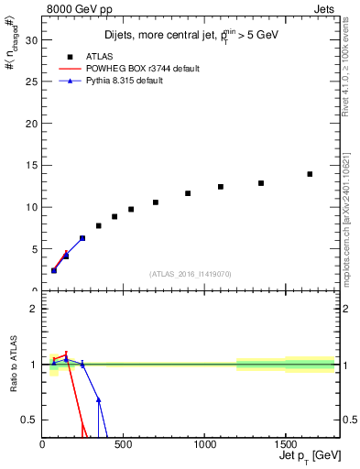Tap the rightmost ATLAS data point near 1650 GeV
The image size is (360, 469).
[310, 174]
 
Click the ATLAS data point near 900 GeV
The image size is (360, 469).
[188, 193]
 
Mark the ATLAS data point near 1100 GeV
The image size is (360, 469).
[221, 187]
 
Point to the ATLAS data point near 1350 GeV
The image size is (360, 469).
[261, 183]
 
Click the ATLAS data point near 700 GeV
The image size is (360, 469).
[156, 202]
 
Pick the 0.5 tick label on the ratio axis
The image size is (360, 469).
[28, 420]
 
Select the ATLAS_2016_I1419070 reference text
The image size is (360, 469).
[190, 274]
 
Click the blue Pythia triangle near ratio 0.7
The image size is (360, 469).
[98, 400]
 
